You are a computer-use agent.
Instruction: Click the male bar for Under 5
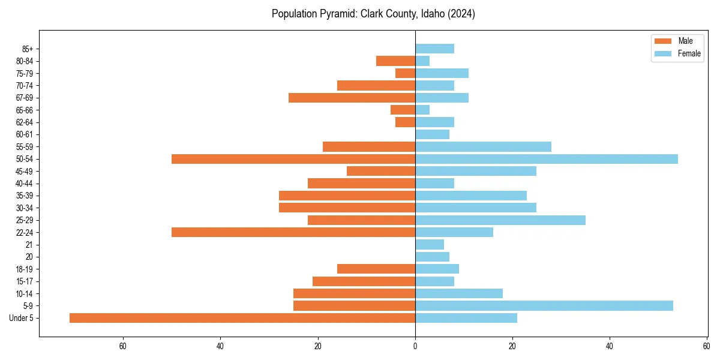pyautogui.click(x=242, y=318)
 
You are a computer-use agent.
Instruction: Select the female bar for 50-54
pyautogui.click(x=546, y=159)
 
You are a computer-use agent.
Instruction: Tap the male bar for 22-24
pyautogui.click(x=293, y=232)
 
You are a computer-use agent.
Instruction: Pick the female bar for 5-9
pyautogui.click(x=544, y=305)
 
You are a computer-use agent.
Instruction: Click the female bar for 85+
pyautogui.click(x=434, y=49)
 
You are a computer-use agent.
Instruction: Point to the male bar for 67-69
pyautogui.click(x=352, y=98)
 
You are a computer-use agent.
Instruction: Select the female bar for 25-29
pyautogui.click(x=500, y=220)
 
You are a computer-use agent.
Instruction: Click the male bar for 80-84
pyautogui.click(x=395, y=61)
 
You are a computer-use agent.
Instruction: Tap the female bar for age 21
pyautogui.click(x=430, y=245)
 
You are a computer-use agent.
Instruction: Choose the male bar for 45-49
pyautogui.click(x=381, y=171)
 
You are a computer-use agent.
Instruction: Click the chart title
pyautogui.click(x=373, y=14)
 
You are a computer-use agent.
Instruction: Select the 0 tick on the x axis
pyautogui.click(x=415, y=346)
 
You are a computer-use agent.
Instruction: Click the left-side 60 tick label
pyautogui.click(x=123, y=346)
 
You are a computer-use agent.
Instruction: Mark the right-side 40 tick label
pyautogui.click(x=610, y=346)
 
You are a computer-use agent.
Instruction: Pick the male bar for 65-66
pyautogui.click(x=403, y=110)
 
